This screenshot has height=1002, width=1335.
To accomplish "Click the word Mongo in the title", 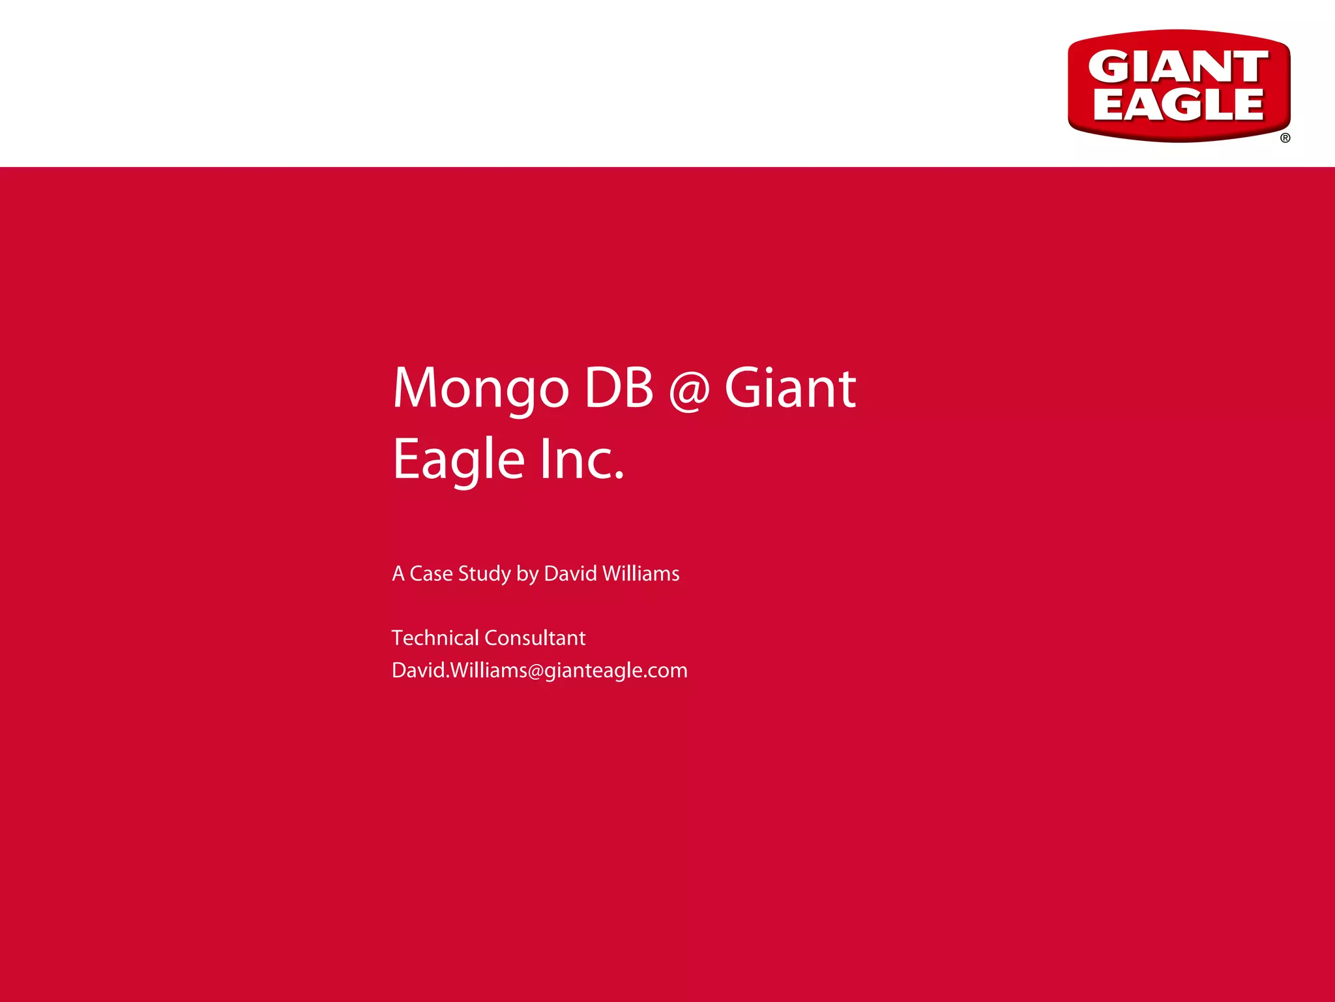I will tap(481, 389).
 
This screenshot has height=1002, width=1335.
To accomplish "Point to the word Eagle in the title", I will tap(458, 459).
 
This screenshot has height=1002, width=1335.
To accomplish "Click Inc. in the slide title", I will tap(582, 459).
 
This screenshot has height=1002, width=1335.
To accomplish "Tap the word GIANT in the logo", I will tap(1178, 67).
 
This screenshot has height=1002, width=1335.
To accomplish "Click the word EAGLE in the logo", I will tap(1178, 104).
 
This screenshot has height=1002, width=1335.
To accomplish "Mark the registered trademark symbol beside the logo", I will tap(1285, 138).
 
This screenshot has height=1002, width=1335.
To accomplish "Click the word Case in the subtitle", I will tap(431, 573).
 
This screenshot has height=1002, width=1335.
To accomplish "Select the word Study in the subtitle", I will tap(484, 573).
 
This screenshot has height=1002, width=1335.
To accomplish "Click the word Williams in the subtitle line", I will tap(641, 573).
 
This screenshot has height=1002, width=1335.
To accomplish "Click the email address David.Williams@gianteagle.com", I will tap(539, 670).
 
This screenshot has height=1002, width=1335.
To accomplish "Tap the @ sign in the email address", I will tap(535, 671).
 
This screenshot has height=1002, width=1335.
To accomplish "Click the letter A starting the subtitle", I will tap(398, 573).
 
